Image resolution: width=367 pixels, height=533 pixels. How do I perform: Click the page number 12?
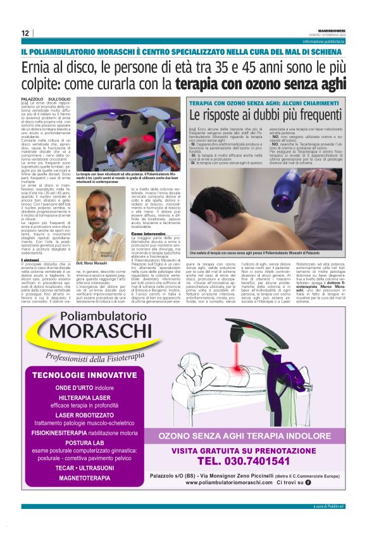click(25, 34)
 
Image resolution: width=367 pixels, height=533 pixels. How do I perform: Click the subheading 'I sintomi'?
click(30, 259)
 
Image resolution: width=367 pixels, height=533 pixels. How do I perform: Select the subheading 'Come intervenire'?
click(149, 232)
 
